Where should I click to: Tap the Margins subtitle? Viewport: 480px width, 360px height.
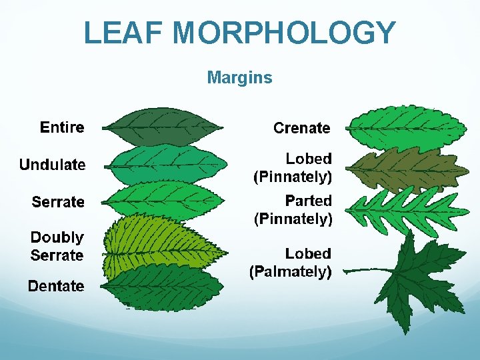[239, 78]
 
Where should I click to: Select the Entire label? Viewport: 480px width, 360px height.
[62, 127]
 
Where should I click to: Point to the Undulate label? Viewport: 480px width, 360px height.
[52, 165]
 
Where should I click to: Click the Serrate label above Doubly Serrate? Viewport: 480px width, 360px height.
[58, 202]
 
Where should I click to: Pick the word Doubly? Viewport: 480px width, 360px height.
[57, 237]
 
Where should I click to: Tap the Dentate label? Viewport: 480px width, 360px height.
[56, 287]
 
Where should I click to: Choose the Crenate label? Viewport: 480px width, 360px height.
[301, 128]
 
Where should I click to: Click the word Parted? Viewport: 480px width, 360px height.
[308, 201]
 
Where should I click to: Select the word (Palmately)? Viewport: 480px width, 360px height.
[290, 271]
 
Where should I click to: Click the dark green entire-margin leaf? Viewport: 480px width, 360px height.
[162, 127]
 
